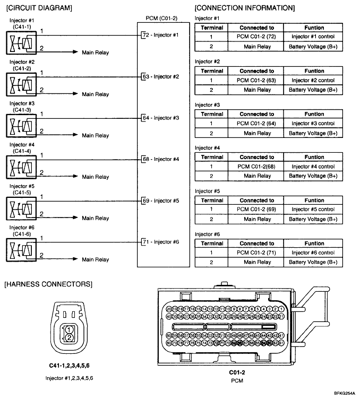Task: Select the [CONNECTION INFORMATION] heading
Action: point(245,8)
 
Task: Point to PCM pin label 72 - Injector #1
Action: point(160,35)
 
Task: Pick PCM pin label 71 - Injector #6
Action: point(160,242)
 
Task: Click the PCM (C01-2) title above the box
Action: point(161,18)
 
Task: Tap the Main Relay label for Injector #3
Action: point(95,135)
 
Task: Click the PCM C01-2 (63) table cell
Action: point(256,80)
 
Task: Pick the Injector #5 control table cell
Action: point(313,210)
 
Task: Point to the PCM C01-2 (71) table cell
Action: point(256,253)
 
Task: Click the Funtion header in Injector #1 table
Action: point(313,28)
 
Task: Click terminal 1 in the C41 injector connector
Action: point(69,329)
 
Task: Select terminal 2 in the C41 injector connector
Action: point(69,337)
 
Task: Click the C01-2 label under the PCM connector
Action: point(237,372)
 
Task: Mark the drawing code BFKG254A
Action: point(345,393)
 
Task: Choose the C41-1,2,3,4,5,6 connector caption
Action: point(69,366)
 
